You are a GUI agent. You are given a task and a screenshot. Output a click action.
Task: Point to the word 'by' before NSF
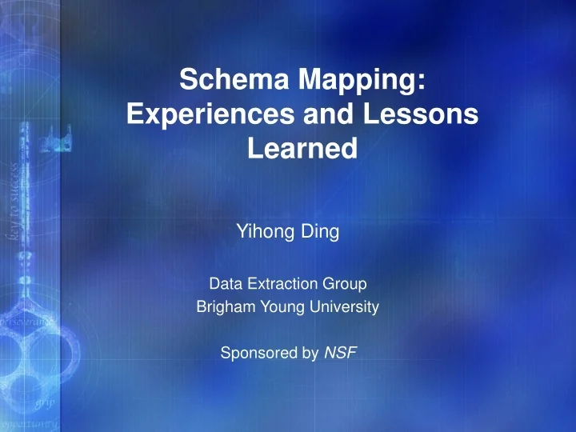tap(311, 351)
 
